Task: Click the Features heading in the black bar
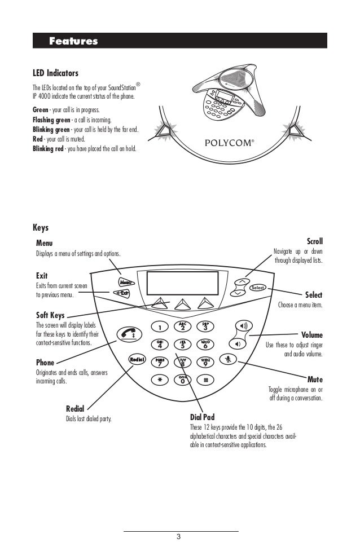coord(73,41)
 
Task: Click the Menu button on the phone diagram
coord(125,282)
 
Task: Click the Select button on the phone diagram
coord(258,288)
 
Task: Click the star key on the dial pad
coord(160,380)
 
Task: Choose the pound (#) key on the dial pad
coord(205,380)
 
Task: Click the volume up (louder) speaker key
coord(244,326)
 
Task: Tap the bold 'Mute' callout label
coord(315,380)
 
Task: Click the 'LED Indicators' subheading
coord(55,73)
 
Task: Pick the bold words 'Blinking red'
coord(48,150)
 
